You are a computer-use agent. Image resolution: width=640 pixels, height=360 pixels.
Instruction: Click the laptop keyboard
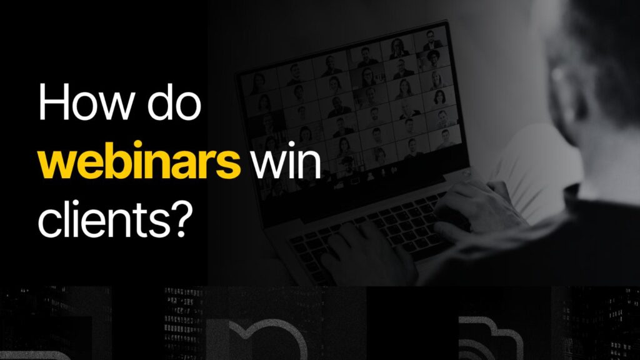369,231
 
